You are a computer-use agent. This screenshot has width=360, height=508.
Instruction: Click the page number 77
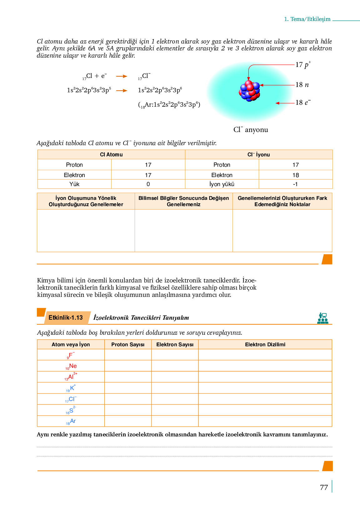point(324,487)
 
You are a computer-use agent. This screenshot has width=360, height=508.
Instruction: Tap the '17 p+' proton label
point(303,65)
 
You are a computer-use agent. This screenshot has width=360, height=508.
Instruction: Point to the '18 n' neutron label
point(302,85)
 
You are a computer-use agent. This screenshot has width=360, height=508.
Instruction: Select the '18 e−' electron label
point(303,103)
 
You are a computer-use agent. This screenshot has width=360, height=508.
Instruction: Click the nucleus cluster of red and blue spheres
point(249,91)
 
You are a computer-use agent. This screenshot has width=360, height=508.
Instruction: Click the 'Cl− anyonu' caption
point(251,130)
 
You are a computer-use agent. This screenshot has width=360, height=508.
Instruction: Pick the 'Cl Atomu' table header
point(111,155)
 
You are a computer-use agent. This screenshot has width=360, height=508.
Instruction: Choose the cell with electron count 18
point(296,175)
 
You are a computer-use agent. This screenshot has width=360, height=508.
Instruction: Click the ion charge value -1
point(295,184)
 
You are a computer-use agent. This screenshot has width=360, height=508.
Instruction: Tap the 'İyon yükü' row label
point(222,184)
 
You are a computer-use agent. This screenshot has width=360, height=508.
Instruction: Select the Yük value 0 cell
point(148,184)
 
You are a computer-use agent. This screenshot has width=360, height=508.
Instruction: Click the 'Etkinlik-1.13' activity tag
point(66,318)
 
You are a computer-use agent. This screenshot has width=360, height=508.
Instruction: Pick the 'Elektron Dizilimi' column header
point(265,344)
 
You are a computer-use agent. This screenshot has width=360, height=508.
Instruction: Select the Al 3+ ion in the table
point(71,377)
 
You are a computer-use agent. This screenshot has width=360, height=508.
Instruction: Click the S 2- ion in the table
point(71,410)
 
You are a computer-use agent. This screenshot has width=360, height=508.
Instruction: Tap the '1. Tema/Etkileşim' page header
point(307,19)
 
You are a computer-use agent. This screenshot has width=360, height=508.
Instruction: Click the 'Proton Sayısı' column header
point(128,344)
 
